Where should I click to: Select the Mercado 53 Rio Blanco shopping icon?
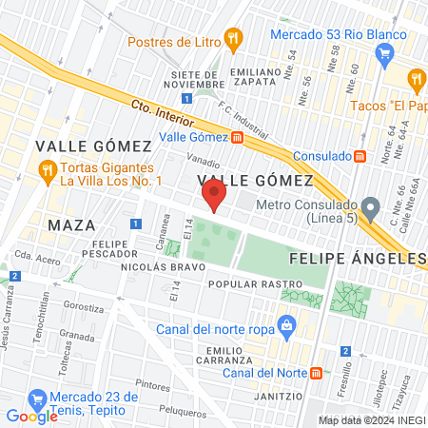coord(383,52)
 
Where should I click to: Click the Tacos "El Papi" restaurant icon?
coord(416,78)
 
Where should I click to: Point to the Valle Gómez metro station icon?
coord(237,136)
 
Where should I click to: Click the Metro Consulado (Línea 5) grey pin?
coord(371,204)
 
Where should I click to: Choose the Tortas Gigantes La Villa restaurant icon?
coord(46,169)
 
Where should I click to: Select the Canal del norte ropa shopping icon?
coord(286,326)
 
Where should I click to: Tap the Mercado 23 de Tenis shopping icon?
coord(38,399)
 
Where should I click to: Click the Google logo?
coord(31,416)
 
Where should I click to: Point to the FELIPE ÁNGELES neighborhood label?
coord(357,258)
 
